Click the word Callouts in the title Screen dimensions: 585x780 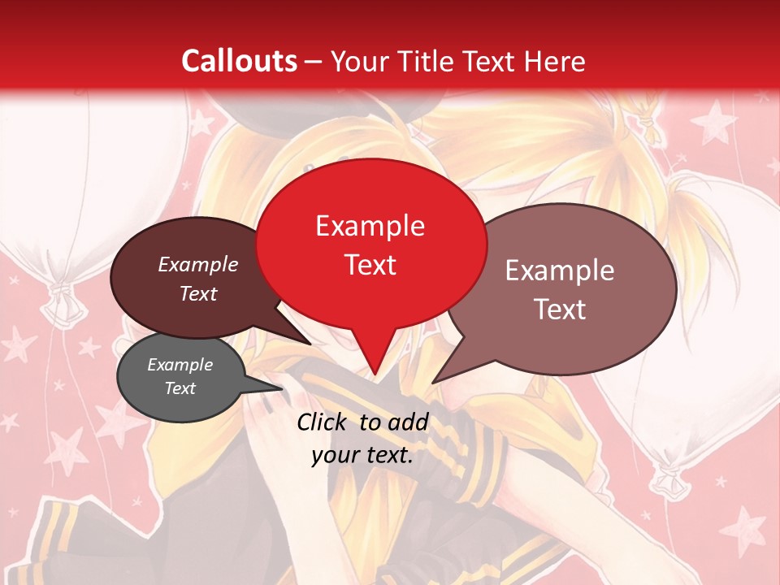[239, 61]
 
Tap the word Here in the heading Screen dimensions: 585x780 [554, 61]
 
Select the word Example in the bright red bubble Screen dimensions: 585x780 [370, 226]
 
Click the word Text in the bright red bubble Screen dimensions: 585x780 [370, 265]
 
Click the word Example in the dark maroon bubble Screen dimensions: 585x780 [197, 265]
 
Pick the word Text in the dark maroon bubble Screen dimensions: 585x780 [197, 293]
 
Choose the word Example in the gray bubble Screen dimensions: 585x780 [180, 365]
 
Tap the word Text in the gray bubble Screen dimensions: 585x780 [180, 388]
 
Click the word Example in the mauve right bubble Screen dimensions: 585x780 [559, 271]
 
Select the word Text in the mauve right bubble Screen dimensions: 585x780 [559, 310]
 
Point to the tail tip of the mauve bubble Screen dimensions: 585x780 [433, 382]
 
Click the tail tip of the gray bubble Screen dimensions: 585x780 [282, 388]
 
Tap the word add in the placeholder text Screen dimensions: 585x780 [408, 422]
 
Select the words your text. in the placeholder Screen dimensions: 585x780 [362, 455]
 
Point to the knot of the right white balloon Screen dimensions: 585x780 [668, 479]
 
